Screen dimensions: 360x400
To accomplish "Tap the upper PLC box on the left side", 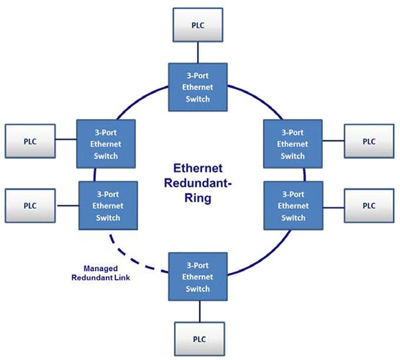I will click(29, 142).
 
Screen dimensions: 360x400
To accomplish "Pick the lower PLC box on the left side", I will click(29, 206).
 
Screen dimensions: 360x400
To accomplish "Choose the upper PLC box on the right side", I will click(368, 142).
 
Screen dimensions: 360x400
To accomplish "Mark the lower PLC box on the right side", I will click(368, 206).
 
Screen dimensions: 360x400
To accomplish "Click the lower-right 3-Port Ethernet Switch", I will click(292, 205).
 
